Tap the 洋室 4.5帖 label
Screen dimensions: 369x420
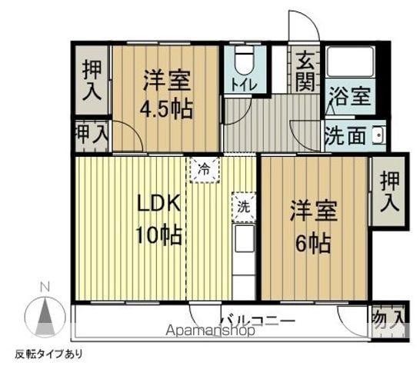(x=165, y=95)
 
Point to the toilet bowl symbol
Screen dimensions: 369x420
(x=244, y=59)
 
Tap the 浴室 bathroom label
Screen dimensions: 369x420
(x=350, y=98)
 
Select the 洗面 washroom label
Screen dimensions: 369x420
(x=344, y=136)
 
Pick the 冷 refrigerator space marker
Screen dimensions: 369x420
(x=204, y=168)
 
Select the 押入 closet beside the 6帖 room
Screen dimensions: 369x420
(x=389, y=191)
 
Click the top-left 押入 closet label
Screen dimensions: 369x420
(x=93, y=78)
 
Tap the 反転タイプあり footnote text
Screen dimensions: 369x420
(x=48, y=354)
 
